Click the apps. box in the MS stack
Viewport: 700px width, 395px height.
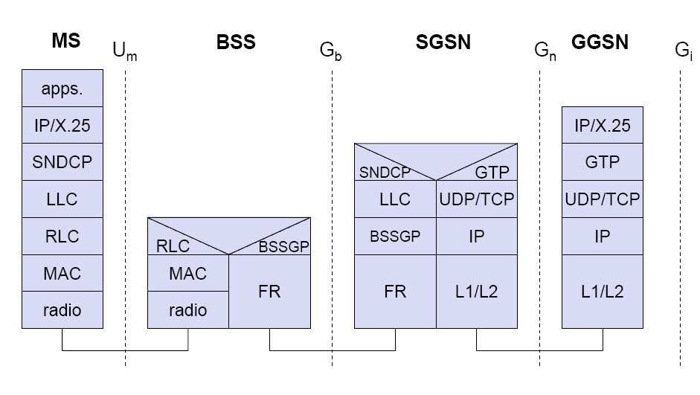click(x=62, y=89)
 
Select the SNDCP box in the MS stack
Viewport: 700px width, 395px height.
click(x=62, y=163)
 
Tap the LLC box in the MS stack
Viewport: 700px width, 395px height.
click(x=62, y=199)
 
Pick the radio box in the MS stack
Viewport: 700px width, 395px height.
click(x=62, y=310)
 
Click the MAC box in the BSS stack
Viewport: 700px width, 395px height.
click(x=188, y=273)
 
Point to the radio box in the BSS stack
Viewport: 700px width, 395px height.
click(x=188, y=310)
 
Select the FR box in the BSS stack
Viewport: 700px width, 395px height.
click(x=269, y=291)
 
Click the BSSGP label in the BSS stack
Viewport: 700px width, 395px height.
click(x=283, y=246)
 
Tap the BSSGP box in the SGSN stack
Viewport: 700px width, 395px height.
click(x=395, y=237)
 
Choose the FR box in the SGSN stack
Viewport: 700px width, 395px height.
click(x=395, y=291)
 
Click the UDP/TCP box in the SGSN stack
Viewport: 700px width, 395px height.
click(x=476, y=199)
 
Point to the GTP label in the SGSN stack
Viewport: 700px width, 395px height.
click(x=492, y=172)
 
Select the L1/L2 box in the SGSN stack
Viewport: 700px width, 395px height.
click(x=476, y=291)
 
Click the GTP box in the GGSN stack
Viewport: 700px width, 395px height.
click(x=602, y=163)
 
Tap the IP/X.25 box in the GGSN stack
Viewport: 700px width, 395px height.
click(x=602, y=125)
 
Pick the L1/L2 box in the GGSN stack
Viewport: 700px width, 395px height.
click(x=602, y=291)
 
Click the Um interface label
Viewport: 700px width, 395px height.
click(x=125, y=51)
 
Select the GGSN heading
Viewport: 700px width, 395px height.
click(x=600, y=42)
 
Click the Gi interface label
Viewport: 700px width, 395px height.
click(x=683, y=51)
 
